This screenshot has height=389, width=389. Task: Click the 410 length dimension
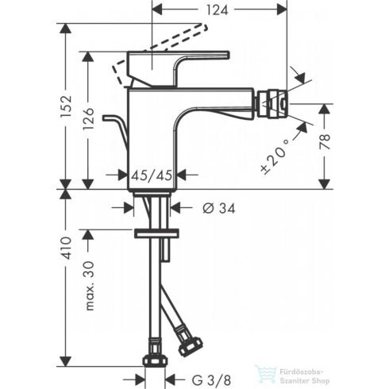(x=67, y=248)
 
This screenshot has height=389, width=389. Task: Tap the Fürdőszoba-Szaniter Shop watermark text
(x=310, y=372)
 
